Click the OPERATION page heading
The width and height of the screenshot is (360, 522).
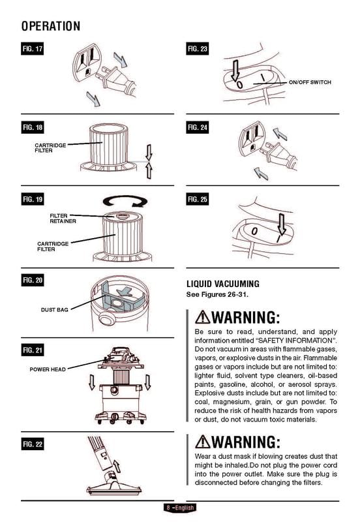tap(50, 26)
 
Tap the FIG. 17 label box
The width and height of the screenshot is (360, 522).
tap(32, 50)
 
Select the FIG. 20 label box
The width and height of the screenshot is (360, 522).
tap(32, 280)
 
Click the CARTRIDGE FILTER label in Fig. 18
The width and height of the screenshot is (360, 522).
tap(50, 147)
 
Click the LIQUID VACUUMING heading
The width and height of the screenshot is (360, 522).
tap(223, 284)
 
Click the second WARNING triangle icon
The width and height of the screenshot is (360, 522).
tap(203, 442)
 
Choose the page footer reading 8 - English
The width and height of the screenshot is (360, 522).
tap(179, 508)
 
